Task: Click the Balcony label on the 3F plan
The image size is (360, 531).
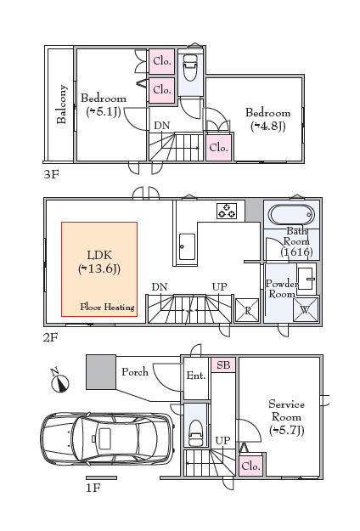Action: tap(62, 105)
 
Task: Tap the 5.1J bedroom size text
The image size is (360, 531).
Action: tap(104, 111)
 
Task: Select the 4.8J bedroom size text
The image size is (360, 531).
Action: tap(268, 126)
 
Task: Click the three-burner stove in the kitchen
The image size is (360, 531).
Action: tap(227, 211)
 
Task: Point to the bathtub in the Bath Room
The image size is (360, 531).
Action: tap(291, 215)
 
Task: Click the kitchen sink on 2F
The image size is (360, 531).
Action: tap(187, 246)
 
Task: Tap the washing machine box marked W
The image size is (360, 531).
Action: tap(305, 309)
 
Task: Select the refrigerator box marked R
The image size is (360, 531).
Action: tap(247, 310)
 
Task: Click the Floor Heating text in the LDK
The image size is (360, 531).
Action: tap(107, 308)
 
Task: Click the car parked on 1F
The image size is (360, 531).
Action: tap(107, 439)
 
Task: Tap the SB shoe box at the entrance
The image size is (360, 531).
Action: tap(223, 365)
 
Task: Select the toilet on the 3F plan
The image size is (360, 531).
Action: tap(190, 68)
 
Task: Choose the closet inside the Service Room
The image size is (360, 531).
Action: tap(250, 466)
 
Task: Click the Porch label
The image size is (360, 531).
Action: tap(135, 372)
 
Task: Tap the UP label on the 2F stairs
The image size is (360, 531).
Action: tap(220, 287)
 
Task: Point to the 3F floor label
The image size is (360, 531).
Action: tap(52, 174)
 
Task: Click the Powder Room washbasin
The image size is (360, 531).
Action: tap(306, 279)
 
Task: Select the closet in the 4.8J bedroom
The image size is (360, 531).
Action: tap(218, 148)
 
